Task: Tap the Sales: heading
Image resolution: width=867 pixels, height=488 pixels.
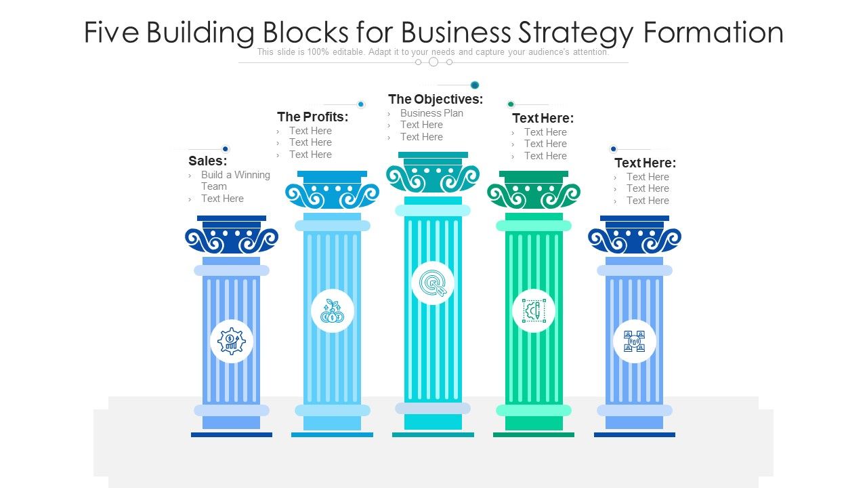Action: click(208, 161)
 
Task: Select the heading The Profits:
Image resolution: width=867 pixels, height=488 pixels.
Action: click(313, 117)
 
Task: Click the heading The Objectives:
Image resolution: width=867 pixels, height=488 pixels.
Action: click(436, 99)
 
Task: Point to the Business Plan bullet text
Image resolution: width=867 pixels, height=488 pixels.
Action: click(431, 113)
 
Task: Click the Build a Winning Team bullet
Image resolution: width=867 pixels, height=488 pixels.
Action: click(235, 180)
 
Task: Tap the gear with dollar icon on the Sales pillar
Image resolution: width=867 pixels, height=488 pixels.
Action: click(232, 341)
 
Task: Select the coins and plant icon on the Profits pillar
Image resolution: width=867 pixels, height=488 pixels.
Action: click(333, 311)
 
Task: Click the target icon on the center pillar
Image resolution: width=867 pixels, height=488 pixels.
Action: click(433, 283)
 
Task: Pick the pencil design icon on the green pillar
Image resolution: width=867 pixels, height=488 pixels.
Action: click(534, 310)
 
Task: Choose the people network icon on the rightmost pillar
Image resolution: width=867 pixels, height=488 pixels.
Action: click(635, 341)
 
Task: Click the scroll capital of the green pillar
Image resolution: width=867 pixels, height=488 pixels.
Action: click(534, 195)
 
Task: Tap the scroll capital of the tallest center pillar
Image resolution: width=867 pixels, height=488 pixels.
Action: click(433, 178)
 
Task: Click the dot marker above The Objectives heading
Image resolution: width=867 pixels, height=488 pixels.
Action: click(475, 85)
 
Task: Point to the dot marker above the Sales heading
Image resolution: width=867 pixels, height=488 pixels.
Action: click(226, 149)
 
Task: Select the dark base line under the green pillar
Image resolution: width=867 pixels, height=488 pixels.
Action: click(534, 434)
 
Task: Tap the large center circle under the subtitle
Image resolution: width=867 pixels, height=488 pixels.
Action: click(433, 62)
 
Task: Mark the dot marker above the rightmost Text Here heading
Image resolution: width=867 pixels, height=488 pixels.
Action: click(614, 149)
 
